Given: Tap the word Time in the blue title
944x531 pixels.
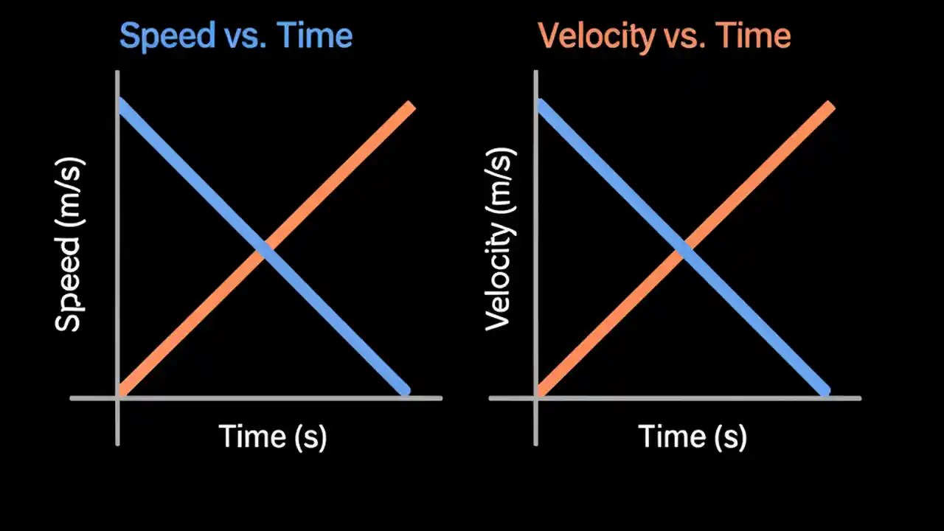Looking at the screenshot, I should [314, 35].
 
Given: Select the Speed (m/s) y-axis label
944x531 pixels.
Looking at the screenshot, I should [69, 245].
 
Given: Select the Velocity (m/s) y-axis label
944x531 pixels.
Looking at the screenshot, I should [499, 239].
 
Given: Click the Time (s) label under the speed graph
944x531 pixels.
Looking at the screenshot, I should [273, 437].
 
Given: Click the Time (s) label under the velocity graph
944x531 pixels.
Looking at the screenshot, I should [692, 437].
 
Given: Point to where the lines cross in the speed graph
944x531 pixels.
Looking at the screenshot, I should [264, 250].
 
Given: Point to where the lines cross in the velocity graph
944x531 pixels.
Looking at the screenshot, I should [684, 250].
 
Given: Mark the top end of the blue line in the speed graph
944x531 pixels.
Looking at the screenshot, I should [122, 103].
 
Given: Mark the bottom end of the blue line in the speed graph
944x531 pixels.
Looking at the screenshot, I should [404, 390].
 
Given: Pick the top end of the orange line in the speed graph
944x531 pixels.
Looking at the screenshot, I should [410, 107].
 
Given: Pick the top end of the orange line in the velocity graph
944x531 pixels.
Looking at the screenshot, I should [829, 107].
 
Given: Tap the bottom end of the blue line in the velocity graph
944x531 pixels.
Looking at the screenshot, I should [825, 390].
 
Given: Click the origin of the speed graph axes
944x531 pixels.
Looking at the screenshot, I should [118, 398].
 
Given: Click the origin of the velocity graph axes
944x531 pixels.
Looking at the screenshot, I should [536, 398].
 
